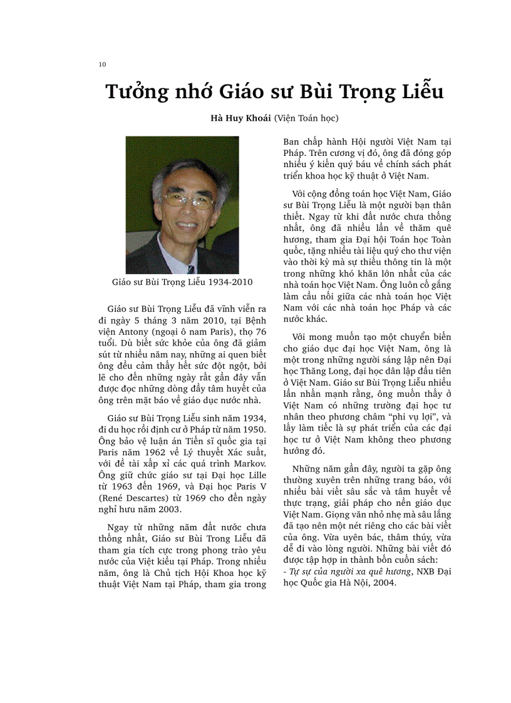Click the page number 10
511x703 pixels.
(x=102, y=64)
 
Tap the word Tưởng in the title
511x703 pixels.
(x=137, y=92)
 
